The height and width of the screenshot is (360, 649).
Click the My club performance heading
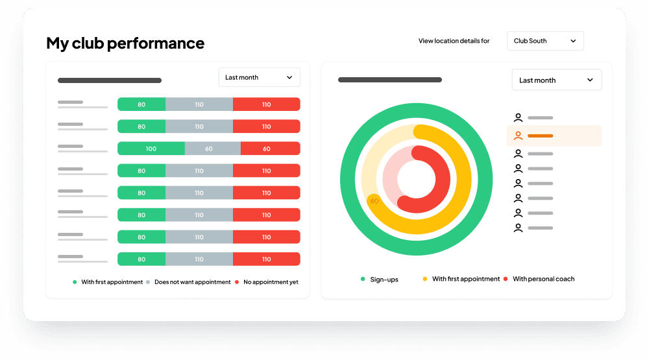pyautogui.click(x=125, y=43)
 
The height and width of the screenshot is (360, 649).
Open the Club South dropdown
pyautogui.click(x=545, y=41)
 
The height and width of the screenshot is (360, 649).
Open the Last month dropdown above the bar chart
pyautogui.click(x=259, y=77)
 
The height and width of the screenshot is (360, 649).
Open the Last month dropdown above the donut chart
pyautogui.click(x=556, y=80)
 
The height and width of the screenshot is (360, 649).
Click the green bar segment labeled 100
pyautogui.click(x=151, y=149)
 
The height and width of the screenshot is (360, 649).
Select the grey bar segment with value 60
pyautogui.click(x=209, y=149)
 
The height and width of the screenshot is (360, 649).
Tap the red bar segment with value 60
pyautogui.click(x=267, y=149)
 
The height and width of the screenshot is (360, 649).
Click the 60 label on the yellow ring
pyautogui.click(x=374, y=201)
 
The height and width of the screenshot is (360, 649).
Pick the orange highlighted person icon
pyautogui.click(x=518, y=136)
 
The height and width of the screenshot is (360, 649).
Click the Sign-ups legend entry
pyautogui.click(x=384, y=279)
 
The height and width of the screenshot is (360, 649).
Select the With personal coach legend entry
pyautogui.click(x=543, y=279)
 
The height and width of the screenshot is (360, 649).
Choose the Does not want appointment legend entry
pyautogui.click(x=192, y=282)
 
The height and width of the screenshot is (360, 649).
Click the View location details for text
pyautogui.click(x=454, y=41)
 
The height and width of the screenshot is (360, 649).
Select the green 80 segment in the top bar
pyautogui.click(x=141, y=104)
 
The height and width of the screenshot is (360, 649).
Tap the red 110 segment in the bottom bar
pyautogui.click(x=267, y=259)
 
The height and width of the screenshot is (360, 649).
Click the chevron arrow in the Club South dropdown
pyautogui.click(x=573, y=41)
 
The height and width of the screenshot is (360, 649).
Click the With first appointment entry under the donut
pyautogui.click(x=465, y=279)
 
